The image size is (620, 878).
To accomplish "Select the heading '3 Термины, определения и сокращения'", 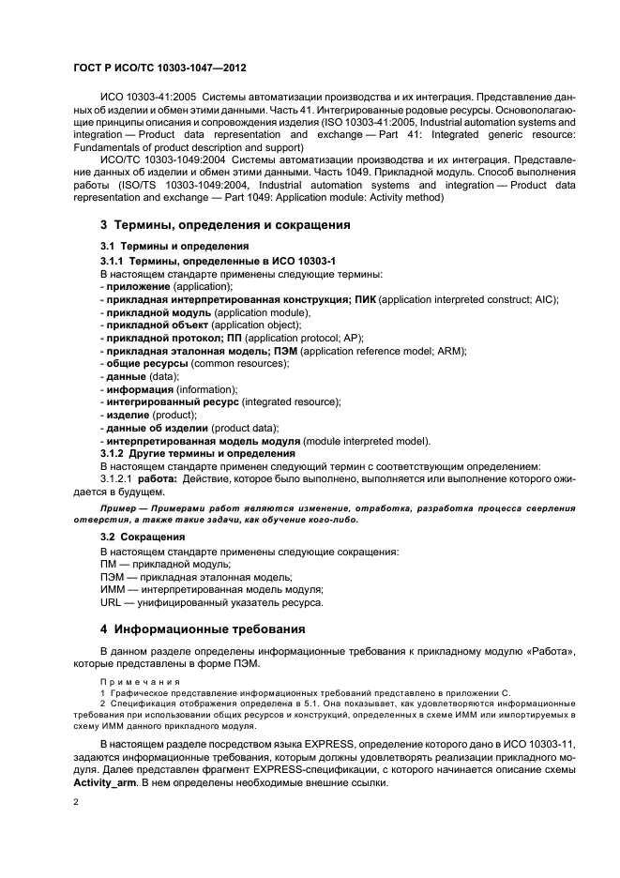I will [x=225, y=225].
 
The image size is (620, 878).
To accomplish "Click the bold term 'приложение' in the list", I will [x=138, y=285].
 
